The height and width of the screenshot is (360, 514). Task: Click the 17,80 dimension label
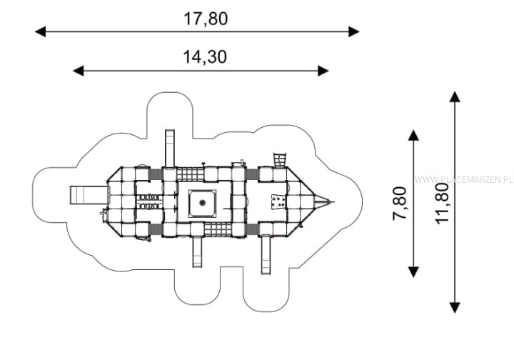coord(205,19)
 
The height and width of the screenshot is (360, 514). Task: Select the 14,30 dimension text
coord(205,56)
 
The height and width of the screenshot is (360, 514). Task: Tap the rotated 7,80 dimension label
coord(400,204)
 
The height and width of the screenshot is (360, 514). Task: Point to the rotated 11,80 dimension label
coord(442,204)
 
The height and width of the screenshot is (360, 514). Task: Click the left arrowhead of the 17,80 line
coord(40,32)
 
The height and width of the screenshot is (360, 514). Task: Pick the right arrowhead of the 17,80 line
coord(354,32)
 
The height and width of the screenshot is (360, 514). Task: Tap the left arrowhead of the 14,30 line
coord(79,71)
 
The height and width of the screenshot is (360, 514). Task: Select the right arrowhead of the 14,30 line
coord(323,71)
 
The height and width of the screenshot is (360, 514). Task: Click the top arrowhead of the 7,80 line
coord(413,135)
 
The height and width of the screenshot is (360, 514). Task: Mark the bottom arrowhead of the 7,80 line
coord(413,272)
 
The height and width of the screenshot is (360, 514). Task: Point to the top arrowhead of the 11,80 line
coord(455,96)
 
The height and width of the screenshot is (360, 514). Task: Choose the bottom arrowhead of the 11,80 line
coord(455,308)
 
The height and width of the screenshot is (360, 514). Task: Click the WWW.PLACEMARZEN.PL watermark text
coord(464,180)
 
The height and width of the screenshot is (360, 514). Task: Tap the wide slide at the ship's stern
coord(89,195)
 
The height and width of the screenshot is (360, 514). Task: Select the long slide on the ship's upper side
coord(169,149)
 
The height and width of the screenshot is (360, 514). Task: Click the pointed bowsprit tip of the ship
coord(333,202)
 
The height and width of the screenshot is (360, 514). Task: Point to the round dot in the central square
coord(203,203)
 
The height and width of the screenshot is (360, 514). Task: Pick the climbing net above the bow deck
coord(280,160)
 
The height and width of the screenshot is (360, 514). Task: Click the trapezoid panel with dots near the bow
coord(278,201)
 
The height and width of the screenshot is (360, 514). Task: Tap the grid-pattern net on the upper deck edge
coord(191,174)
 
